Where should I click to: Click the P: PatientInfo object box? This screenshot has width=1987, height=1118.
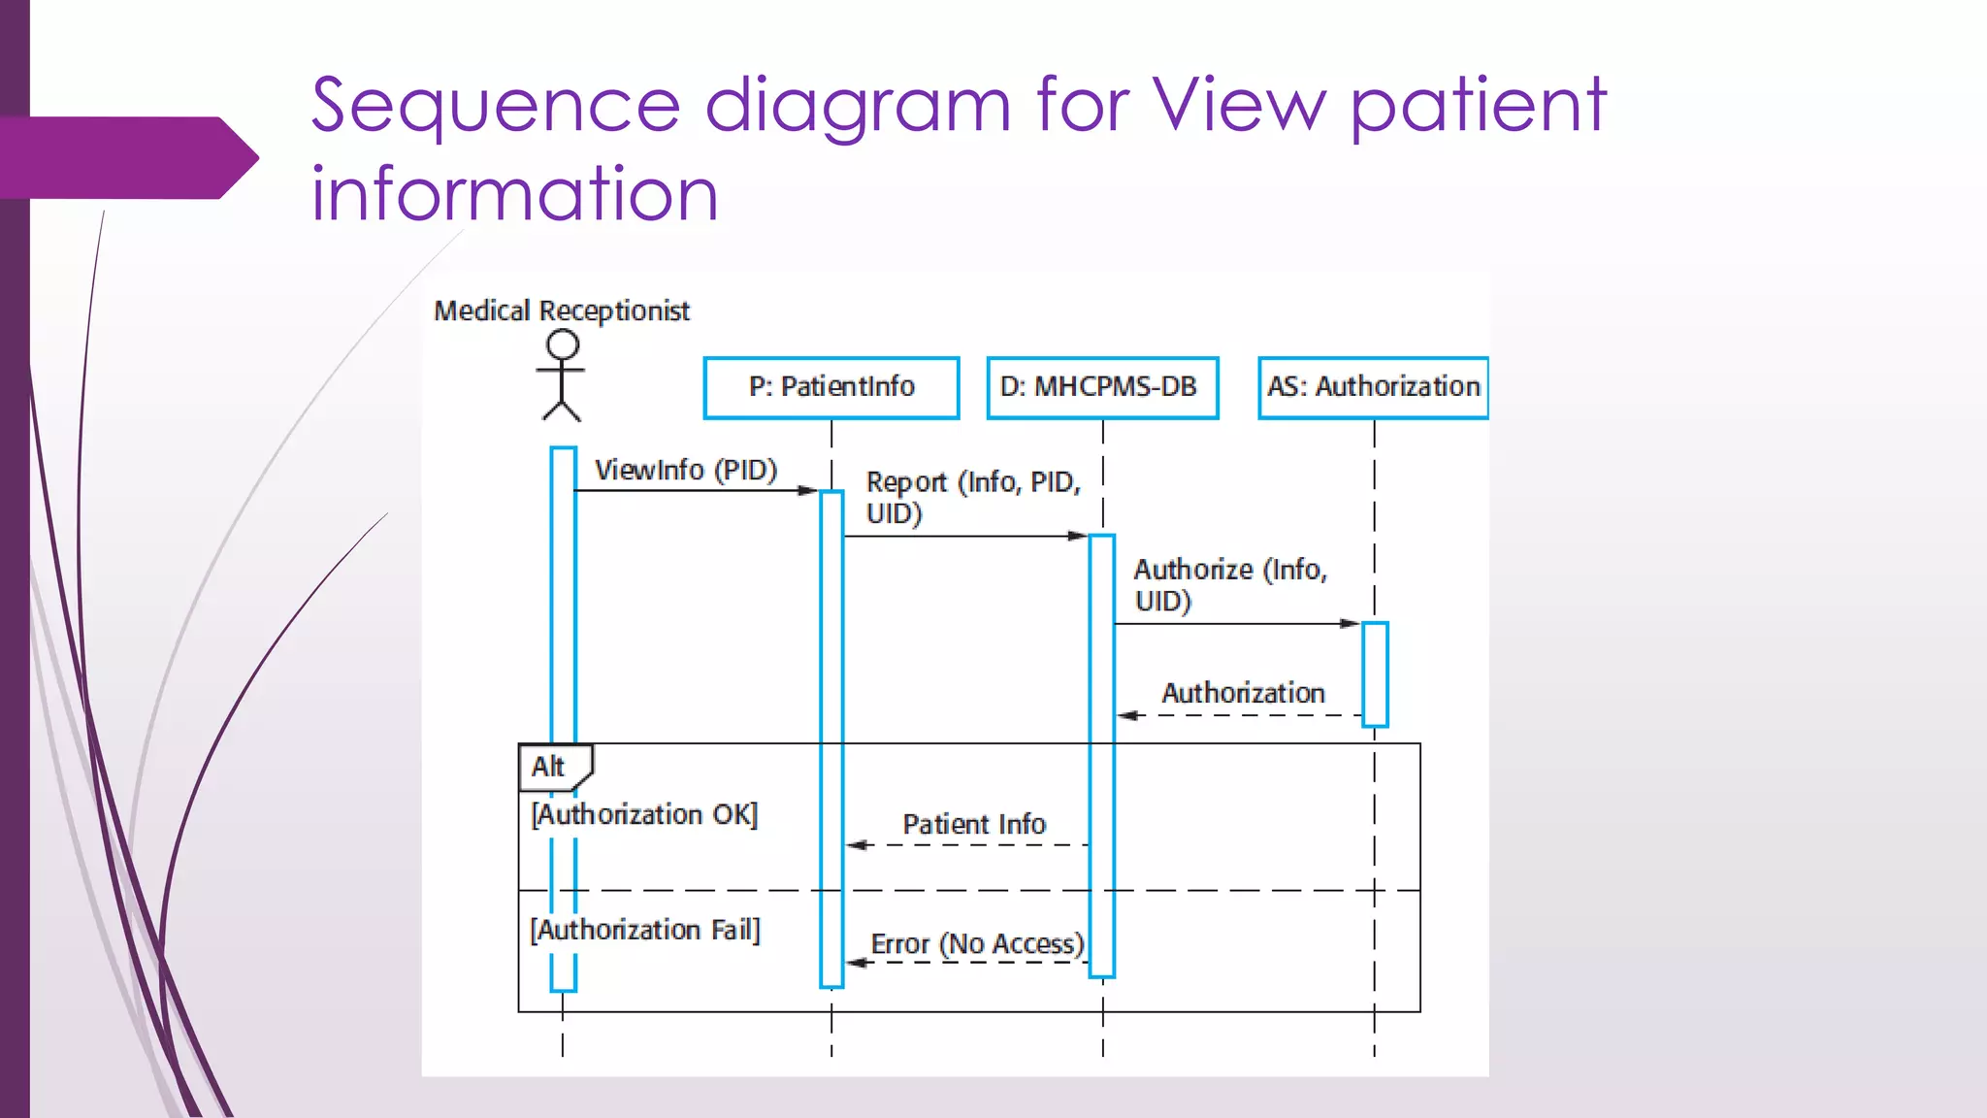(831, 387)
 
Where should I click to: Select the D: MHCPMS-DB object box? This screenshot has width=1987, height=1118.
(1102, 387)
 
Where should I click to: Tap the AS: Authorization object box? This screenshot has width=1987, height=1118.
(1373, 387)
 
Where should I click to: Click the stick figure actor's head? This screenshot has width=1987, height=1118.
(563, 345)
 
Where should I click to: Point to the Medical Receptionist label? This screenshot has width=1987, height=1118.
(561, 311)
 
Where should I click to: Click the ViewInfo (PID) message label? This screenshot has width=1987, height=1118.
(686, 470)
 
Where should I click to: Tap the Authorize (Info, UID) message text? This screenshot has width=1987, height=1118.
(1228, 584)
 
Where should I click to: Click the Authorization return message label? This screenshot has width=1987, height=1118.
(1243, 693)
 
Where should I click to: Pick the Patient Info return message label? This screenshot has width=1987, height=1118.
(974, 824)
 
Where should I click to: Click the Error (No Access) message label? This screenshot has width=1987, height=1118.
(977, 943)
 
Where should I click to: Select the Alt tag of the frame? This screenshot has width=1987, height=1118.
(549, 767)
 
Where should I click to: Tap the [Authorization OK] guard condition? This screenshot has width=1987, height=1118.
(644, 814)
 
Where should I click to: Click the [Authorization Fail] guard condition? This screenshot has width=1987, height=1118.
(645, 930)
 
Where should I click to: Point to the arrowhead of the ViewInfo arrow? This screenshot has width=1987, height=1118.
(809, 490)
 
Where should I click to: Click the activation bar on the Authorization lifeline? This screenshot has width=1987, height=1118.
(1375, 674)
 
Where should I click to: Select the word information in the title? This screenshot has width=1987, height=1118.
(514, 193)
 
